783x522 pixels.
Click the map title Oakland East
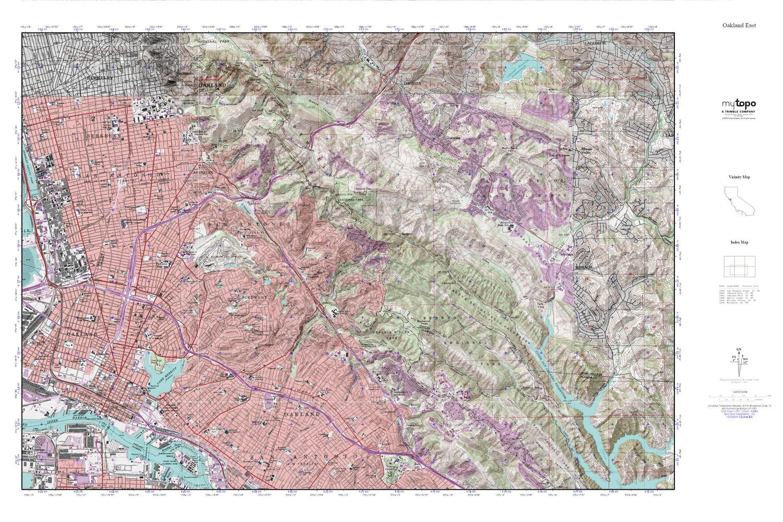(x=739, y=25)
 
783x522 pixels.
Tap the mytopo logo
(x=739, y=104)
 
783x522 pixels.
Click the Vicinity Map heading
(x=739, y=177)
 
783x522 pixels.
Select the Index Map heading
(x=739, y=242)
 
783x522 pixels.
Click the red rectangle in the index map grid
(x=739, y=270)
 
